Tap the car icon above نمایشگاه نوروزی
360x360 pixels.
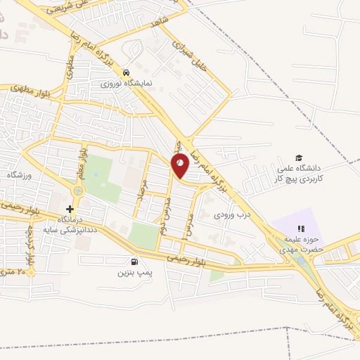coord(126,72)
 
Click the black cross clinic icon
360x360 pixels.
coord(70,209)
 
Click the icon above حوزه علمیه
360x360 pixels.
coord(301,228)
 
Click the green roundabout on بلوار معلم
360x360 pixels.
coord(77,190)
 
